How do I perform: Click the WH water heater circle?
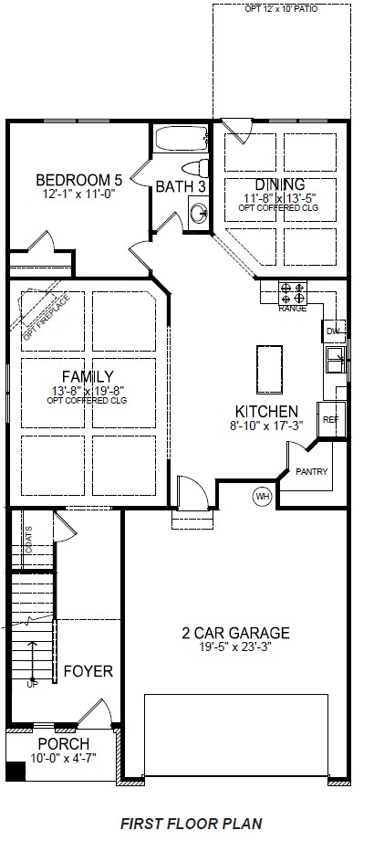[x=263, y=496]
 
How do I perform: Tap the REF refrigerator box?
[x=329, y=419]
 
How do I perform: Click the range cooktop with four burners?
[x=293, y=293]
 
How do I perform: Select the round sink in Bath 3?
[x=199, y=213]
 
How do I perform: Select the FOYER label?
[x=88, y=671]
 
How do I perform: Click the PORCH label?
[x=62, y=744]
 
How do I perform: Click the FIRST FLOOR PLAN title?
[x=191, y=823]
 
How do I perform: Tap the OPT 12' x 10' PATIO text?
[x=282, y=9]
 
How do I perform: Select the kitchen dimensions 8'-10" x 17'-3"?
[x=265, y=425]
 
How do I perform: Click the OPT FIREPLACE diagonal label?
[x=40, y=316]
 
